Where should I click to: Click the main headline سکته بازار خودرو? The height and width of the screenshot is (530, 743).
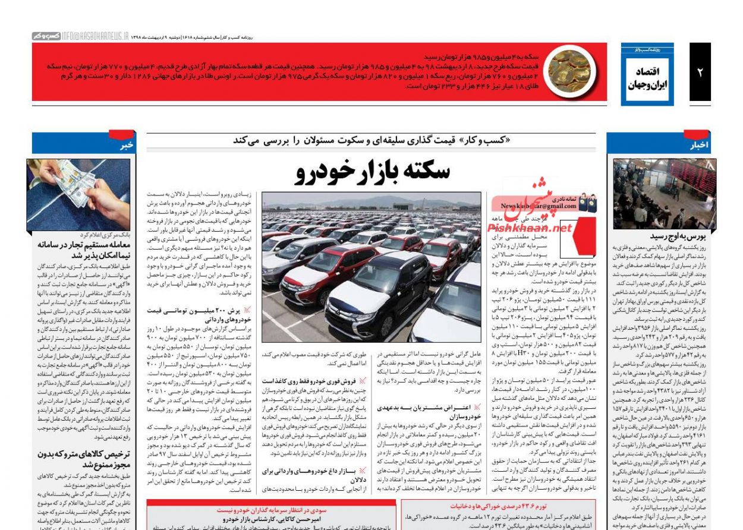[372, 171]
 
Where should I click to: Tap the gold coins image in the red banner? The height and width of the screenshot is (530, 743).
[569, 71]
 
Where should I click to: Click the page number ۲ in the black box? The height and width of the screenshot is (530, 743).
[700, 72]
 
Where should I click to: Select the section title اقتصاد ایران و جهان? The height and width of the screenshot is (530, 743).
[647, 77]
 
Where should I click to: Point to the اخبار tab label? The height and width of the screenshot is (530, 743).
[699, 144]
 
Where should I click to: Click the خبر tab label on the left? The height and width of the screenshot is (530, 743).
[125, 145]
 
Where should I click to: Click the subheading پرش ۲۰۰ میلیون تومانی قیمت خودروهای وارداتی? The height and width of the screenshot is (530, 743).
[196, 314]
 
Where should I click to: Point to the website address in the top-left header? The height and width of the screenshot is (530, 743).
[95, 37]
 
